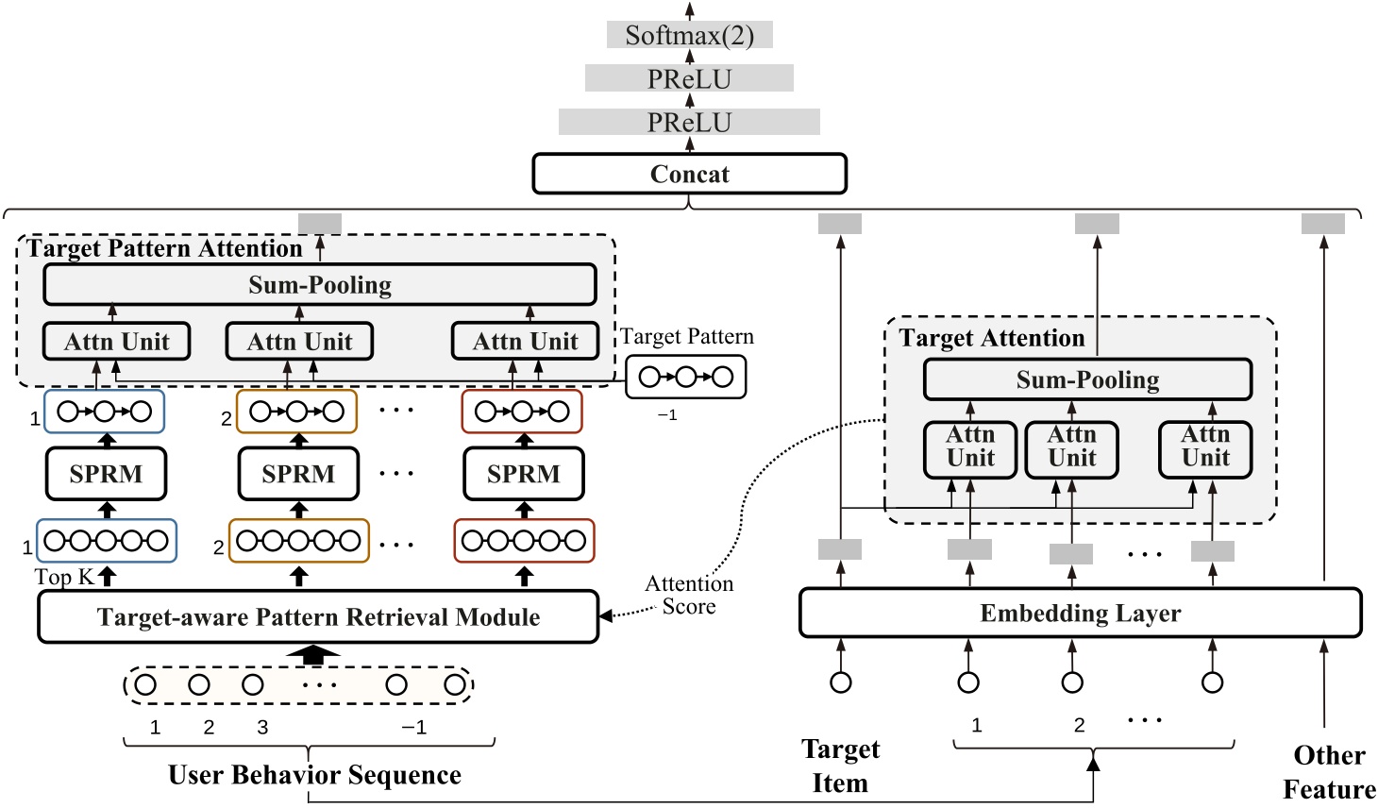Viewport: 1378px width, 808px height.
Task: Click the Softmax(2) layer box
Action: [689, 35]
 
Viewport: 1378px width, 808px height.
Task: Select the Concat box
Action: [689, 174]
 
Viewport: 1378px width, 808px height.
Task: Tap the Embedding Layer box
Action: [1080, 614]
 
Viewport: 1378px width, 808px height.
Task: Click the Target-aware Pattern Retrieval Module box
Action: [318, 617]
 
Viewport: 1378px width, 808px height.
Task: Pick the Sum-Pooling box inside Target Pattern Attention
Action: [319, 285]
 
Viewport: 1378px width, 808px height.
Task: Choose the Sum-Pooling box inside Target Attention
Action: [1087, 379]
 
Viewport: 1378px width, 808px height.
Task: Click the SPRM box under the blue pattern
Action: [106, 474]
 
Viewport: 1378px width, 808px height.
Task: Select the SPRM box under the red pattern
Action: [523, 474]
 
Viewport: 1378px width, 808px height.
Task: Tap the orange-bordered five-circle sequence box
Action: [298, 541]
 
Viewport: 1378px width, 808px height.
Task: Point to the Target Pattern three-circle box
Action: [685, 378]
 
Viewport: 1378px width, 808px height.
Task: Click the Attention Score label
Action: [689, 596]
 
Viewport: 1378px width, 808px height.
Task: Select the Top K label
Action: [64, 577]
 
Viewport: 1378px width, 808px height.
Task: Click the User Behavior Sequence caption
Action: [314, 775]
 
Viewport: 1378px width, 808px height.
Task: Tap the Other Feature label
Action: [1329, 772]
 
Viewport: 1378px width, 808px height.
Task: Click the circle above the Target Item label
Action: [840, 682]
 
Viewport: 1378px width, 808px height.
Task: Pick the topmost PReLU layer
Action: [689, 78]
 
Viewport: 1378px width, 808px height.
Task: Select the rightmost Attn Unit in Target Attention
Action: [1205, 447]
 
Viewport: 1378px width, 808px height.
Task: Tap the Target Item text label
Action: [840, 766]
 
